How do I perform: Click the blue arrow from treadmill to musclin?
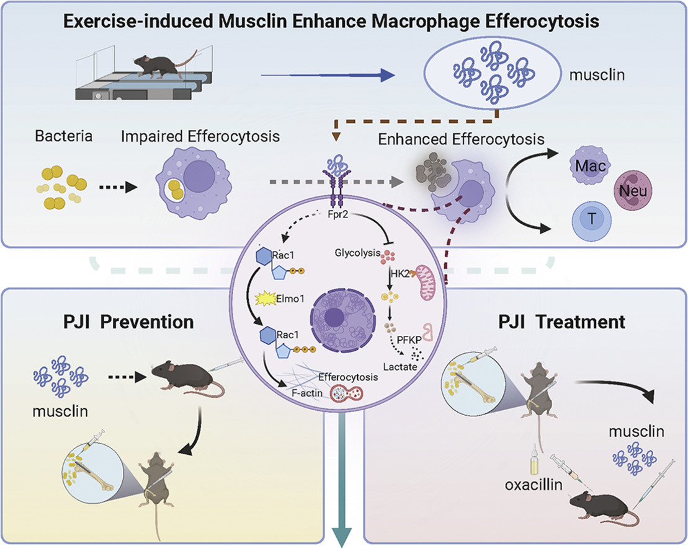click(328, 76)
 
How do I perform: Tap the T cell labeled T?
click(592, 218)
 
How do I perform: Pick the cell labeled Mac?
click(590, 165)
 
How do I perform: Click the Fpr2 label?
click(338, 214)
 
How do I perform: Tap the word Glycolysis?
click(357, 253)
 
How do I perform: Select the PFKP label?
click(408, 340)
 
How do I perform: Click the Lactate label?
click(400, 367)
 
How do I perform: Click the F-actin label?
click(307, 393)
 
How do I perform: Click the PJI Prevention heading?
click(128, 322)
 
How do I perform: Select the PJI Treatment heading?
click(561, 322)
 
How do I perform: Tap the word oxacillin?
click(533, 485)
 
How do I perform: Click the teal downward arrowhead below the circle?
click(342, 537)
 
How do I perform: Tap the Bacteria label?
click(64, 136)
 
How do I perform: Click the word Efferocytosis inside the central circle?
click(348, 377)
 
